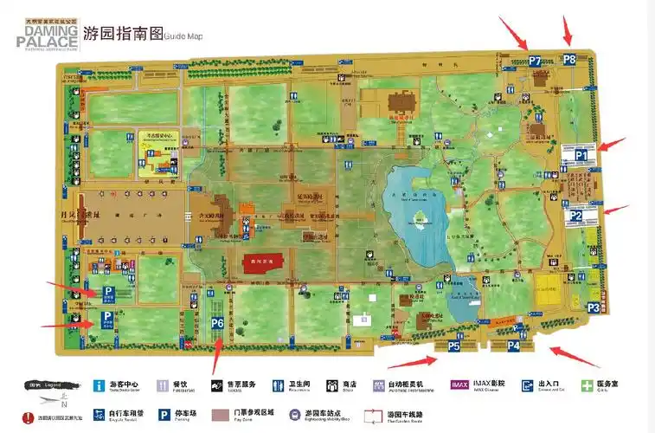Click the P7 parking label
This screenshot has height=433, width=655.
[x=535, y=61]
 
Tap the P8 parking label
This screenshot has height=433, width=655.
[x=569, y=60]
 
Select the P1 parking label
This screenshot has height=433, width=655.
[x=581, y=156]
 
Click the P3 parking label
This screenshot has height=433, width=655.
[x=594, y=307]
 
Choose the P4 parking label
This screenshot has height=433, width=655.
[x=513, y=346]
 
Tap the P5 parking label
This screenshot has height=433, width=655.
[x=454, y=346]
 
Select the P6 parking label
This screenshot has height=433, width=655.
[x=217, y=323]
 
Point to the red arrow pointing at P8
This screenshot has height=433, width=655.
[x=567, y=31]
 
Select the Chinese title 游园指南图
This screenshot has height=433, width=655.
[x=123, y=34]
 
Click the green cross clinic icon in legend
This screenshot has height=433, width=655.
[x=588, y=385]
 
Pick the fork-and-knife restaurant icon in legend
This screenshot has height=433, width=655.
[x=157, y=385]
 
